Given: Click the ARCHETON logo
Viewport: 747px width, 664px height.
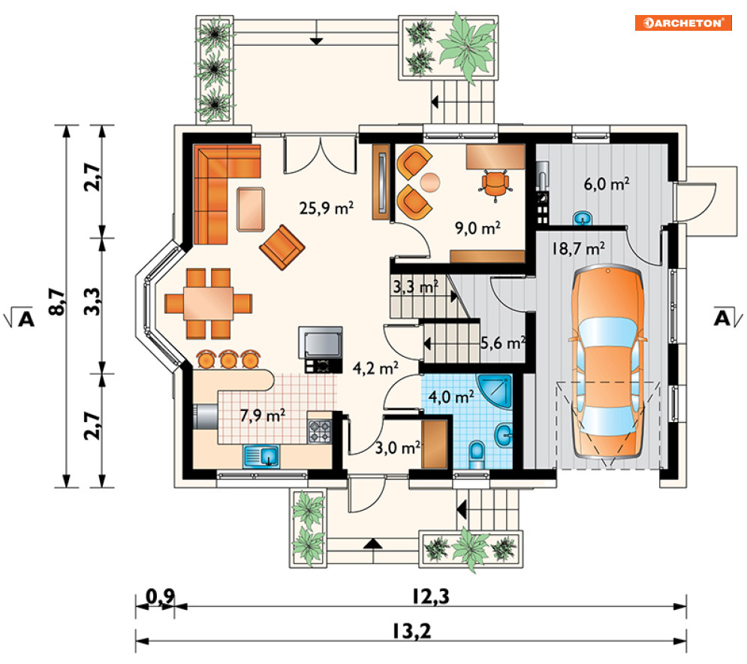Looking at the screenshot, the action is [683, 23].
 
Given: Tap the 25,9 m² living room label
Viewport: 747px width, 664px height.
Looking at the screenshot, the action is [327, 208].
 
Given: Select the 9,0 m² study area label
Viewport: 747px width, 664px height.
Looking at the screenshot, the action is [477, 228].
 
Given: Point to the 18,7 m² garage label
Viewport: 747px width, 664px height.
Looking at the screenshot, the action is [578, 249].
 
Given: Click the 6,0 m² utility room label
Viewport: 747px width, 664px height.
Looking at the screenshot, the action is [607, 183].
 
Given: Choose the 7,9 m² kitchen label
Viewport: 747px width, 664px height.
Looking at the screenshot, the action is [263, 415].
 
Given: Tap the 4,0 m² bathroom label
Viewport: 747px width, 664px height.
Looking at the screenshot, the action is [451, 396].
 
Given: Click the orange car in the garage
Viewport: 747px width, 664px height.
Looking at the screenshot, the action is [607, 364].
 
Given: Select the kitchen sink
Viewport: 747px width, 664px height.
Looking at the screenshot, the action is [261, 457].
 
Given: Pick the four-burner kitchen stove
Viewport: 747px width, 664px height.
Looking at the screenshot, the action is [319, 431].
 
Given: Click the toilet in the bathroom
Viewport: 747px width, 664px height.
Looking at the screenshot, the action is [477, 454].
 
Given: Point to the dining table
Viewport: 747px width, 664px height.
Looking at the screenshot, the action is [208, 303].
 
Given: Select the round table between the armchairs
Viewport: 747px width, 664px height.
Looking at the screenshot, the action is [430, 182].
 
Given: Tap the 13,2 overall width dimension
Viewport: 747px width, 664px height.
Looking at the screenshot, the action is [411, 631].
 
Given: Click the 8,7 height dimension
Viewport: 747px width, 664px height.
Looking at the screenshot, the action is [56, 301].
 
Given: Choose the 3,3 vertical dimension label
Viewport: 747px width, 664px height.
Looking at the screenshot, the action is [92, 301].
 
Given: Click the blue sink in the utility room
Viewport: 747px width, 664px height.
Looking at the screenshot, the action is [583, 218].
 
